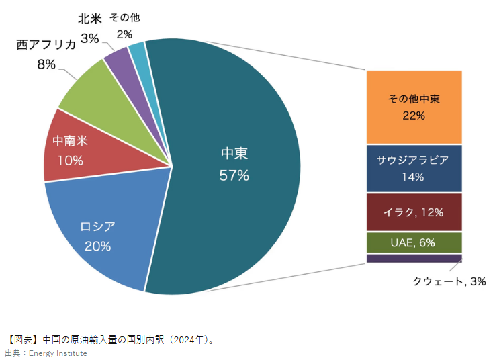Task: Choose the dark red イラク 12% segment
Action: pyautogui.click(x=414, y=212)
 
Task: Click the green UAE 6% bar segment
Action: pyautogui.click(x=414, y=242)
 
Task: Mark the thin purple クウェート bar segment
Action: pyautogui.click(x=414, y=258)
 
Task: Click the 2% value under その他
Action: pyautogui.click(x=124, y=34)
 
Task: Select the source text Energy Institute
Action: pyautogui.click(x=58, y=353)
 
